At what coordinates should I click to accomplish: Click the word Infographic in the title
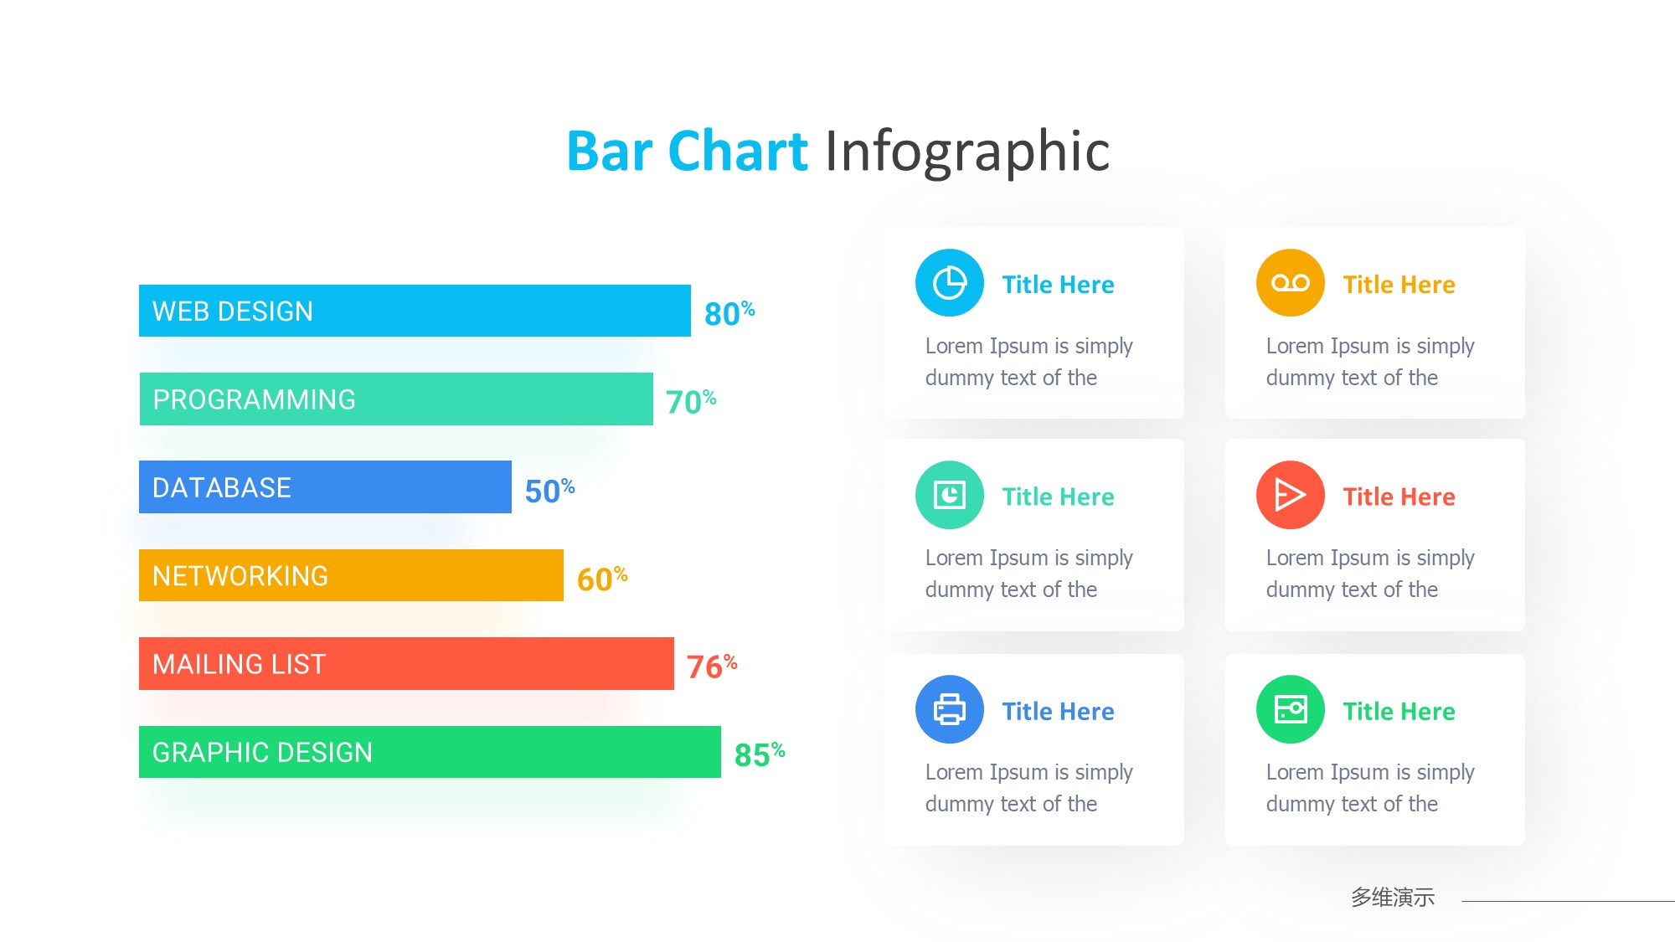click(x=967, y=152)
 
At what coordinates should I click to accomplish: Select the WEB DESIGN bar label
click(x=233, y=311)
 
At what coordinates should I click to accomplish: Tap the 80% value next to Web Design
click(x=729, y=313)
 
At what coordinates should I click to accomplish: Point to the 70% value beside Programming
click(x=691, y=401)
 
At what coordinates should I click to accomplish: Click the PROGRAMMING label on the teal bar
click(x=254, y=399)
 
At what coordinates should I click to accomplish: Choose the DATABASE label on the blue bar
click(x=222, y=487)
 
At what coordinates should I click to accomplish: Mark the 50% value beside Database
click(x=549, y=490)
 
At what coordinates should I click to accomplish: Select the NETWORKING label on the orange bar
click(x=240, y=576)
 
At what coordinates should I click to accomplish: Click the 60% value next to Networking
click(x=602, y=578)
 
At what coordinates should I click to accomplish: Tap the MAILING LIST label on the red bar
click(x=239, y=664)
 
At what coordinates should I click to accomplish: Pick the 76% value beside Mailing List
click(x=712, y=666)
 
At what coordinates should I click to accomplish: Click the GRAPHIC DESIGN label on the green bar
click(x=262, y=752)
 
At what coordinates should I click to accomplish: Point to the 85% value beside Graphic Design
click(x=760, y=754)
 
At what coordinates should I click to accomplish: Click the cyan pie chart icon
click(x=950, y=283)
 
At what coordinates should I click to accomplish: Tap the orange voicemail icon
click(x=1291, y=283)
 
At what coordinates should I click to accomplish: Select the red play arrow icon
click(x=1291, y=495)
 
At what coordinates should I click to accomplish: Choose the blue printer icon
click(x=950, y=709)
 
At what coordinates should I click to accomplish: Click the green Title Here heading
click(x=1399, y=711)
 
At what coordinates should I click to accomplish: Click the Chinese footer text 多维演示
click(x=1393, y=897)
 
